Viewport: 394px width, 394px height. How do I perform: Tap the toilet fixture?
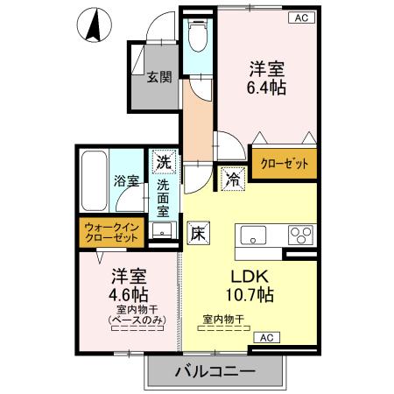click(x=196, y=36)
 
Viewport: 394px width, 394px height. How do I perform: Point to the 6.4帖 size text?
click(x=268, y=87)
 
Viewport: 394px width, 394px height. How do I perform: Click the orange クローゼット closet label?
click(x=284, y=163)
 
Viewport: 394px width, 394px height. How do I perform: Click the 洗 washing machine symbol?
click(x=163, y=161)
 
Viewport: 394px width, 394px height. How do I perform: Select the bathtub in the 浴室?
click(x=94, y=181)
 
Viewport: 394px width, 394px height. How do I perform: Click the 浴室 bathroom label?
click(x=126, y=181)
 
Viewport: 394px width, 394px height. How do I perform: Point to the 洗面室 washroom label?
click(x=164, y=200)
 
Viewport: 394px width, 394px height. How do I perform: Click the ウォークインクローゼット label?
click(x=111, y=232)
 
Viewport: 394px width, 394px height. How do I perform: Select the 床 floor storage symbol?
click(x=198, y=234)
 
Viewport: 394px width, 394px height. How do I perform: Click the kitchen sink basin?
click(x=255, y=235)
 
